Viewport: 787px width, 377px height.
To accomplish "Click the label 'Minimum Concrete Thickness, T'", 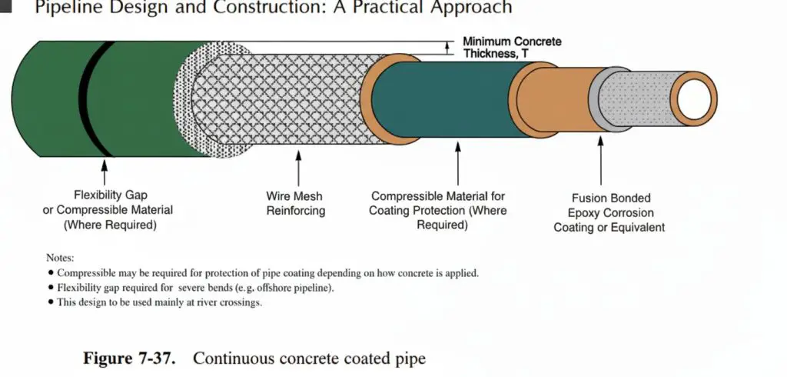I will (x=512, y=47).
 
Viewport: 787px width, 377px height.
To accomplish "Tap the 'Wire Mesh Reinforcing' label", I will (x=296, y=203).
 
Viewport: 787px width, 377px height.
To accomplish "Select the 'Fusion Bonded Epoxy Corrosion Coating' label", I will (x=609, y=212).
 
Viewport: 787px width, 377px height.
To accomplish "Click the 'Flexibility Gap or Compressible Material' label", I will (x=108, y=210).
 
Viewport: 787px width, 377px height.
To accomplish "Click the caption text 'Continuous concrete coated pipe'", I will (x=308, y=358).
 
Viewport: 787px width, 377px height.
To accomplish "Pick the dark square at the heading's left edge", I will (x=5, y=8).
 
